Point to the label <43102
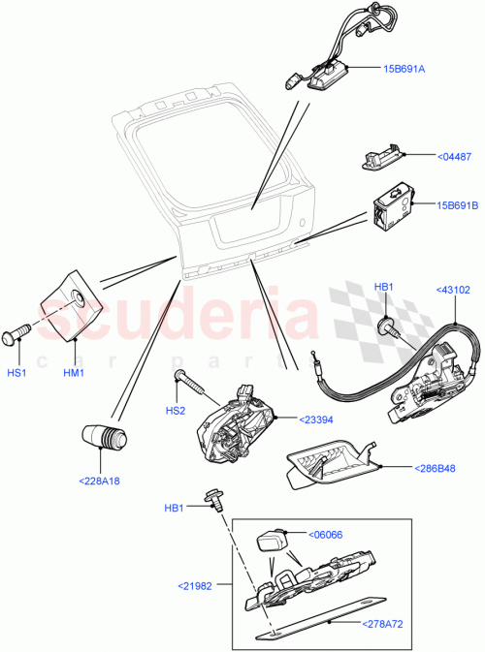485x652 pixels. click(x=453, y=289)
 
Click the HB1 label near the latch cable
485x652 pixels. click(x=384, y=287)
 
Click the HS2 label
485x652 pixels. click(x=175, y=411)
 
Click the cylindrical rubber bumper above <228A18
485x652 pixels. click(x=104, y=437)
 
